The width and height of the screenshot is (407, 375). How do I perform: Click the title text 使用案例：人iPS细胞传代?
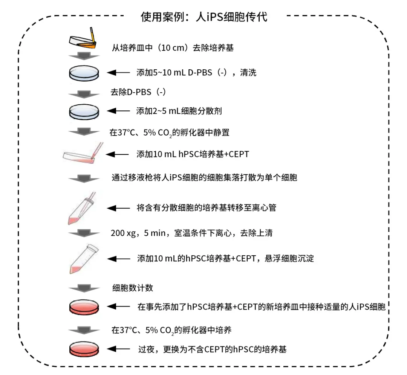click(x=204, y=17)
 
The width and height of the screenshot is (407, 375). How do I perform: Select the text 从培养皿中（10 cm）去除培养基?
click(x=173, y=48)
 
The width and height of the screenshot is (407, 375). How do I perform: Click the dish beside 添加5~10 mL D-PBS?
click(x=84, y=73)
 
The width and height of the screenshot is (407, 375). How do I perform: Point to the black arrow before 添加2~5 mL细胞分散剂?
click(x=118, y=111)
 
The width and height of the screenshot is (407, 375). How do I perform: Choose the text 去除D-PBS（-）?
click(x=138, y=92)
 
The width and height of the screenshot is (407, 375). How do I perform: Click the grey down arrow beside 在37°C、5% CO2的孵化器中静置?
click(x=84, y=131)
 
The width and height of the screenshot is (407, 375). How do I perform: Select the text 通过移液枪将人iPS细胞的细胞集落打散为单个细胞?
click(x=204, y=178)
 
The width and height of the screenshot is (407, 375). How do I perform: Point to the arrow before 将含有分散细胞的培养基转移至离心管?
click(x=118, y=208)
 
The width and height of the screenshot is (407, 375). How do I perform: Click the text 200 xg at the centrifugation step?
click(x=123, y=233)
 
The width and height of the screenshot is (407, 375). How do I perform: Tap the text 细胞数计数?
click(x=133, y=288)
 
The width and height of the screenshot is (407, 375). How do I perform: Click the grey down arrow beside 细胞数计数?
click(x=84, y=288)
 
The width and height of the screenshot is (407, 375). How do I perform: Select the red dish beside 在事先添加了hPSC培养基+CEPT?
click(x=84, y=307)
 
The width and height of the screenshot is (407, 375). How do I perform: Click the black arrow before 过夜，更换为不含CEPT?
click(x=118, y=349)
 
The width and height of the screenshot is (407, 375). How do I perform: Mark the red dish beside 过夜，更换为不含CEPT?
click(x=84, y=349)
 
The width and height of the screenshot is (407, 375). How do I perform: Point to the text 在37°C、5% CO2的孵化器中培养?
click(x=171, y=331)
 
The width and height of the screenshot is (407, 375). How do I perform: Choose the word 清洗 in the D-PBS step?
click(x=248, y=73)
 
